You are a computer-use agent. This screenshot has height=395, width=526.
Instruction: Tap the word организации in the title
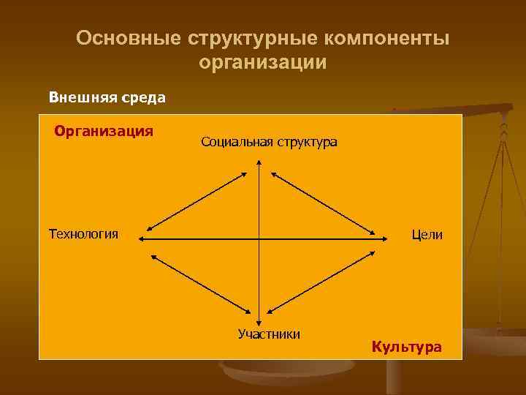[x=262, y=63]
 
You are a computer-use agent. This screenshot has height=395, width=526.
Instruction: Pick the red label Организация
[x=104, y=131]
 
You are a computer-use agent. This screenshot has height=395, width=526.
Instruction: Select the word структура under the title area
[x=306, y=141]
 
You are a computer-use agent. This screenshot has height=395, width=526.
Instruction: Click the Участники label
[x=269, y=334]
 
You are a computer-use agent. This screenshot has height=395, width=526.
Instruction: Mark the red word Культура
[x=406, y=346]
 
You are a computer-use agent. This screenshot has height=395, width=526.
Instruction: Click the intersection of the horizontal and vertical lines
[x=259, y=238]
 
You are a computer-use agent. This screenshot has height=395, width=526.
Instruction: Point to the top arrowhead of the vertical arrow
[x=259, y=165]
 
